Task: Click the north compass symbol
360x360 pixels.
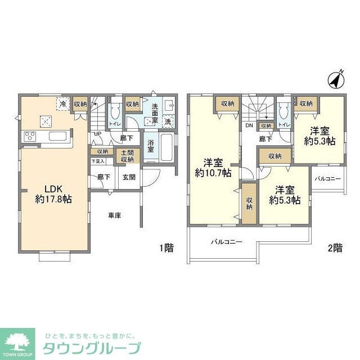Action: click(336, 80)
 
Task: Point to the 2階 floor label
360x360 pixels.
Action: click(335, 248)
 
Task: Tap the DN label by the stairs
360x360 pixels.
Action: click(249, 125)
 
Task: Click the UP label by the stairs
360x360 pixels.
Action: click(97, 133)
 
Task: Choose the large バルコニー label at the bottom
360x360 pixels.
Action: click(227, 242)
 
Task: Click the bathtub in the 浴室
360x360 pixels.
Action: click(168, 147)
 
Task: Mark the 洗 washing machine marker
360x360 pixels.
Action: click(168, 121)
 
